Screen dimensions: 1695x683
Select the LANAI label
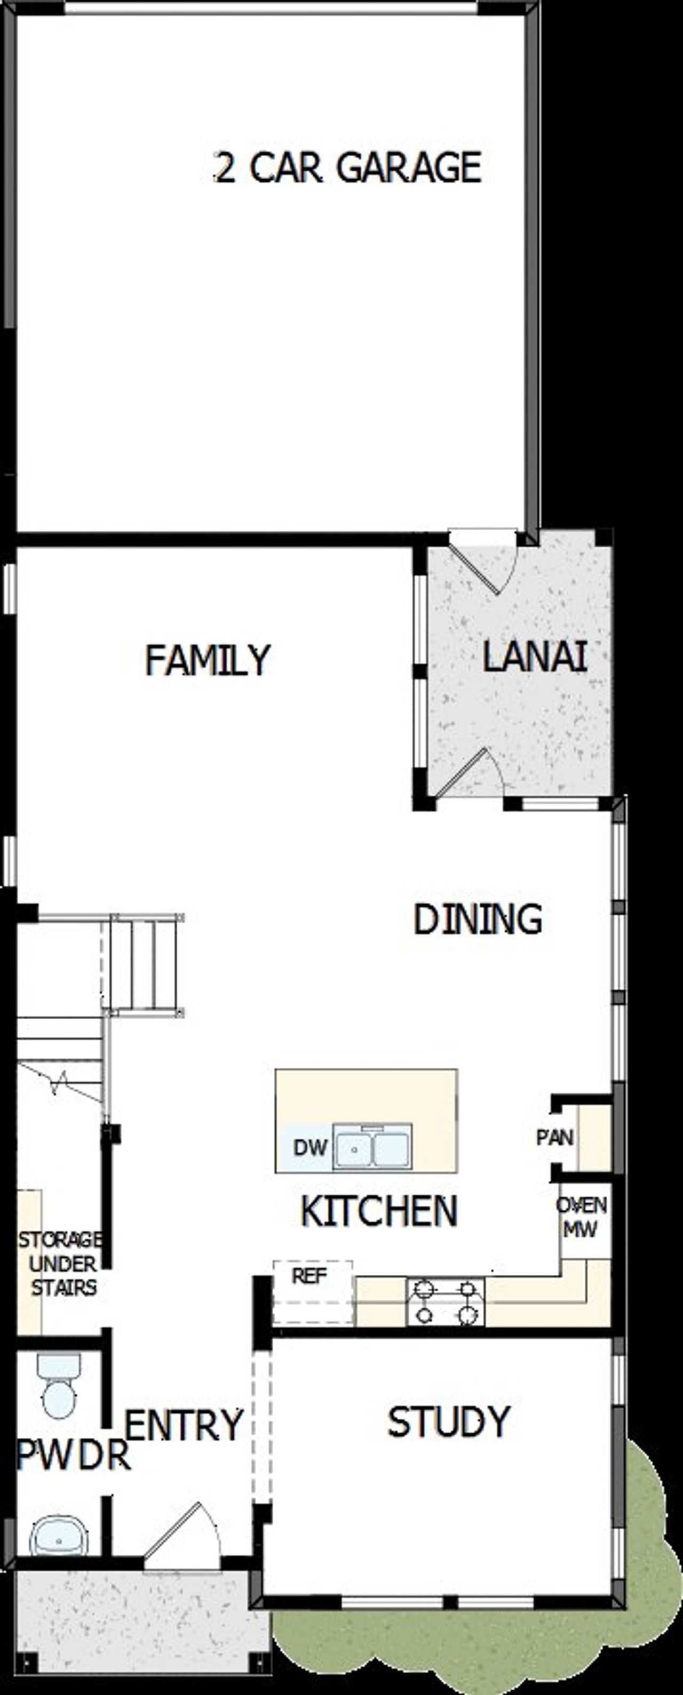point(534,657)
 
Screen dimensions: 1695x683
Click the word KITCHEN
point(379,1211)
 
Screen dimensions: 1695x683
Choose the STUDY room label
point(449,1422)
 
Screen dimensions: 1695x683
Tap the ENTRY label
point(184,1425)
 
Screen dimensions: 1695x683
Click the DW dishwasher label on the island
point(310,1148)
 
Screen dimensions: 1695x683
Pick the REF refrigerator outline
point(313,1292)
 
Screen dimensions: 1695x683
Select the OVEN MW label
point(581,1217)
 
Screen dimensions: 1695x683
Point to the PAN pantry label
point(555,1137)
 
